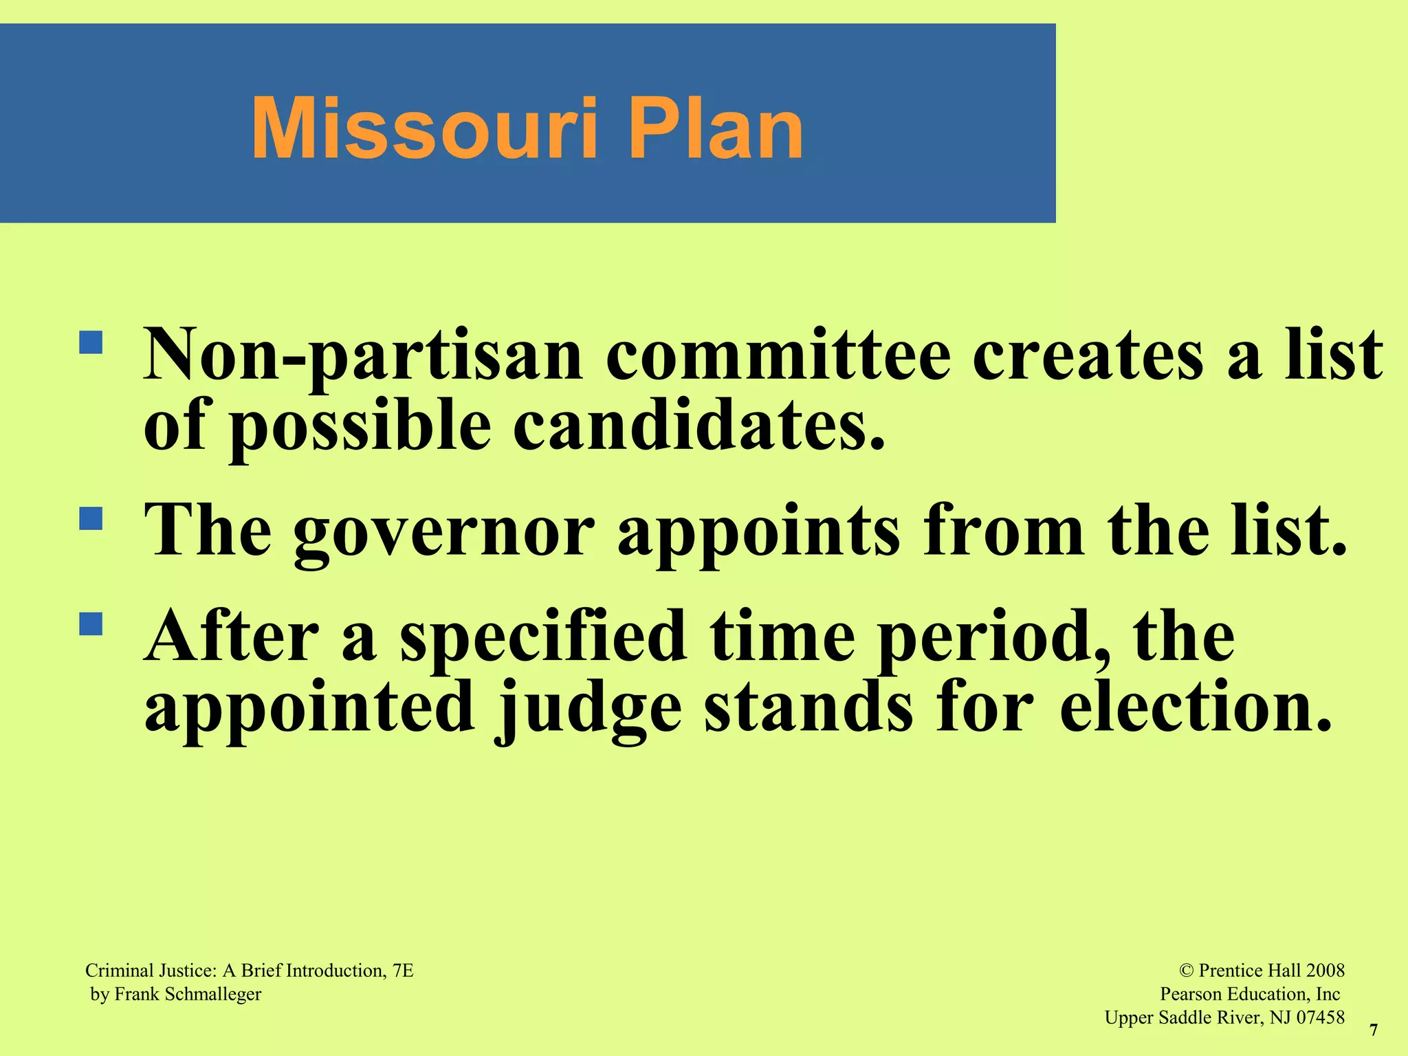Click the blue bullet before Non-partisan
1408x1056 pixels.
[91, 342]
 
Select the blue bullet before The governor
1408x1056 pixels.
[91, 518]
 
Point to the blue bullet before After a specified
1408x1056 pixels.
[91, 624]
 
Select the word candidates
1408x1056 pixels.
[698, 426]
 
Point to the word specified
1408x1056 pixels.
[543, 638]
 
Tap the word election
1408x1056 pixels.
[1196, 708]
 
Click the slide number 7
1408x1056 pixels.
[1374, 1030]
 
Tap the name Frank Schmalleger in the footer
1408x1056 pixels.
[188, 994]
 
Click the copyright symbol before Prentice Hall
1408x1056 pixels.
[1186, 971]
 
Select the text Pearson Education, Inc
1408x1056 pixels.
[1249, 994]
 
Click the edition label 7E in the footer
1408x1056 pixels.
[403, 971]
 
